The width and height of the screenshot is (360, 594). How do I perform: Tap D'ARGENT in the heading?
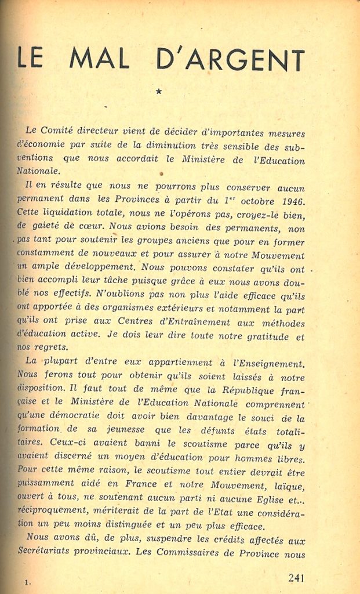click(230, 59)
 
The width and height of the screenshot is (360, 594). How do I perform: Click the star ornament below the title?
click(159, 90)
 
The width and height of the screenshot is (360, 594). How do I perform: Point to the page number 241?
click(296, 577)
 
